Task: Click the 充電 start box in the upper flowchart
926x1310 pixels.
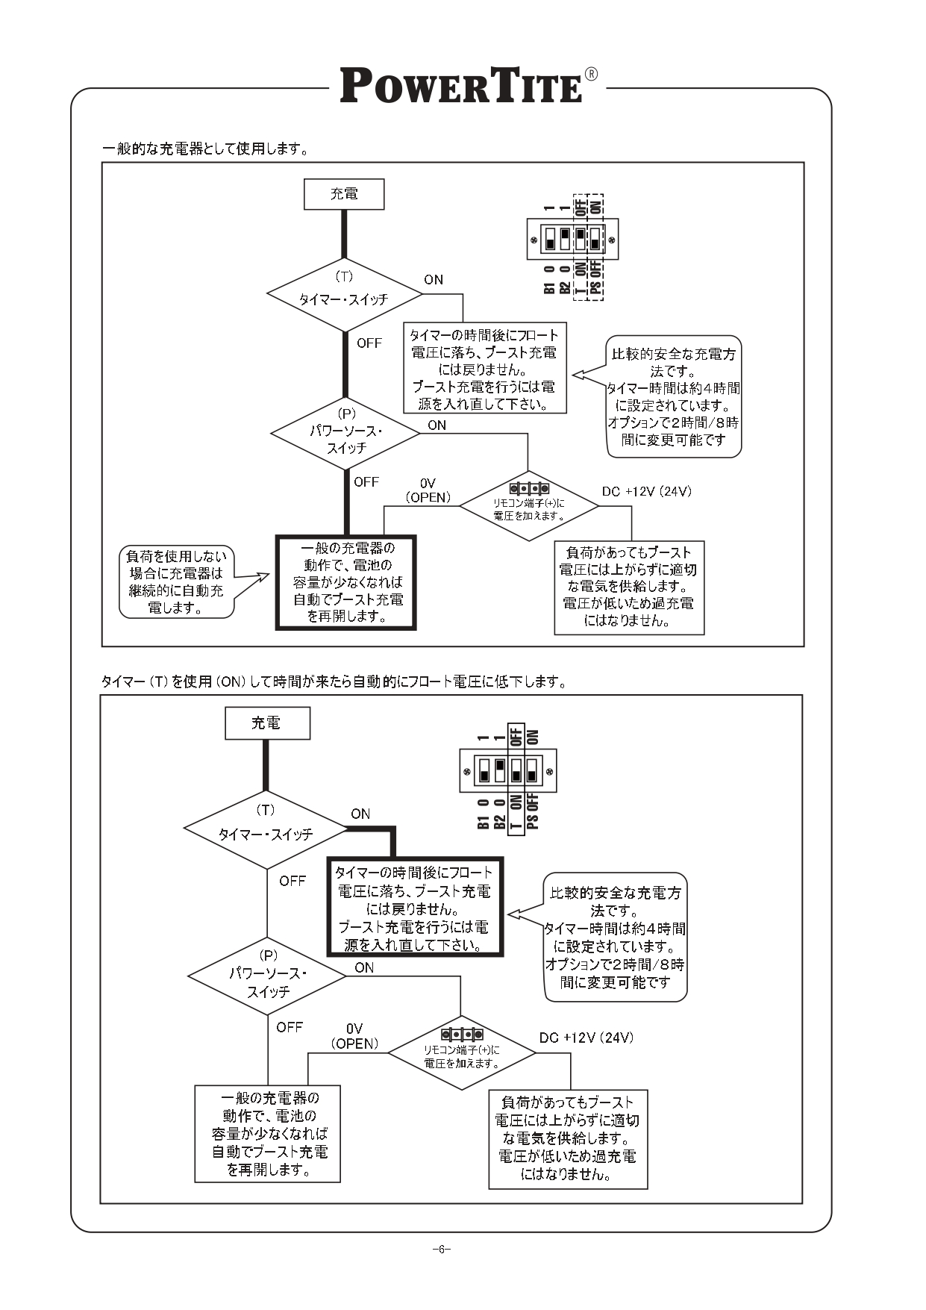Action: (x=344, y=194)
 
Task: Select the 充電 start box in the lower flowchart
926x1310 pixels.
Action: (x=267, y=723)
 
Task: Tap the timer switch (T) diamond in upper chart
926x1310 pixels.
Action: (x=344, y=295)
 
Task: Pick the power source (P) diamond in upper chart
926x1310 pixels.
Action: (x=345, y=433)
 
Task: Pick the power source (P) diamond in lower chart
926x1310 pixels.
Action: (x=267, y=976)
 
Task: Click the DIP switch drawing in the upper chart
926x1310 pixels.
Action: (x=572, y=240)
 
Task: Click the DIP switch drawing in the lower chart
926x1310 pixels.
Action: (x=508, y=770)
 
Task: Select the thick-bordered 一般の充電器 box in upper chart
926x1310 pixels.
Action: (x=345, y=582)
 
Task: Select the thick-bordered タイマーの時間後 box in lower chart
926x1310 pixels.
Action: (x=415, y=907)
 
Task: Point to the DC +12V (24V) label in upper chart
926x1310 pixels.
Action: (x=646, y=491)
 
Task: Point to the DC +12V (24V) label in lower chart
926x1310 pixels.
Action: (x=586, y=1038)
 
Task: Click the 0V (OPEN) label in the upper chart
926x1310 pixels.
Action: (x=428, y=490)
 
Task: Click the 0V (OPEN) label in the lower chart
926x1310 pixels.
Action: (x=354, y=1036)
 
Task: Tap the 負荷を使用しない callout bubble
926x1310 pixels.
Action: (x=176, y=582)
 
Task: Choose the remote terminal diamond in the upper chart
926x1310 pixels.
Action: (x=528, y=505)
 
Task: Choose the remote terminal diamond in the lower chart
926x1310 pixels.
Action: (x=462, y=1052)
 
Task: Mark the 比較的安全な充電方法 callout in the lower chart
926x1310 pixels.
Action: (x=615, y=937)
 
